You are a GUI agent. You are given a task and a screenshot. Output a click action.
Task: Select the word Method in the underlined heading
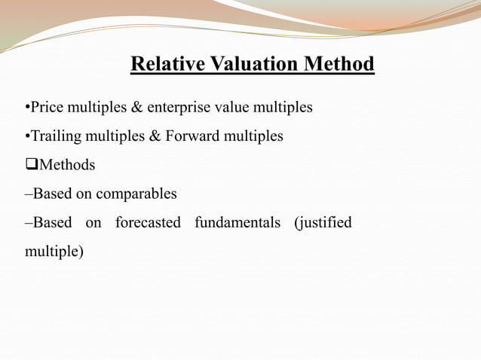(339, 64)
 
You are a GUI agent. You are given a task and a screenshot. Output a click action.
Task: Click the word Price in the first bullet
(46, 108)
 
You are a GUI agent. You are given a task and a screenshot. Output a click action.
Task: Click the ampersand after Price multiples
(136, 108)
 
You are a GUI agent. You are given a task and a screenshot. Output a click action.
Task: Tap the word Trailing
(54, 136)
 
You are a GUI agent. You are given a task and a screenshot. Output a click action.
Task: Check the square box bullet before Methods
(31, 165)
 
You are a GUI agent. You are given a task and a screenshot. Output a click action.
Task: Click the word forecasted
(148, 223)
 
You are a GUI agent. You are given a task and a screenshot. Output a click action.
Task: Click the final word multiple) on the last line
(54, 252)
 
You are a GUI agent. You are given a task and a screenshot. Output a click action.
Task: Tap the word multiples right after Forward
(250, 136)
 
